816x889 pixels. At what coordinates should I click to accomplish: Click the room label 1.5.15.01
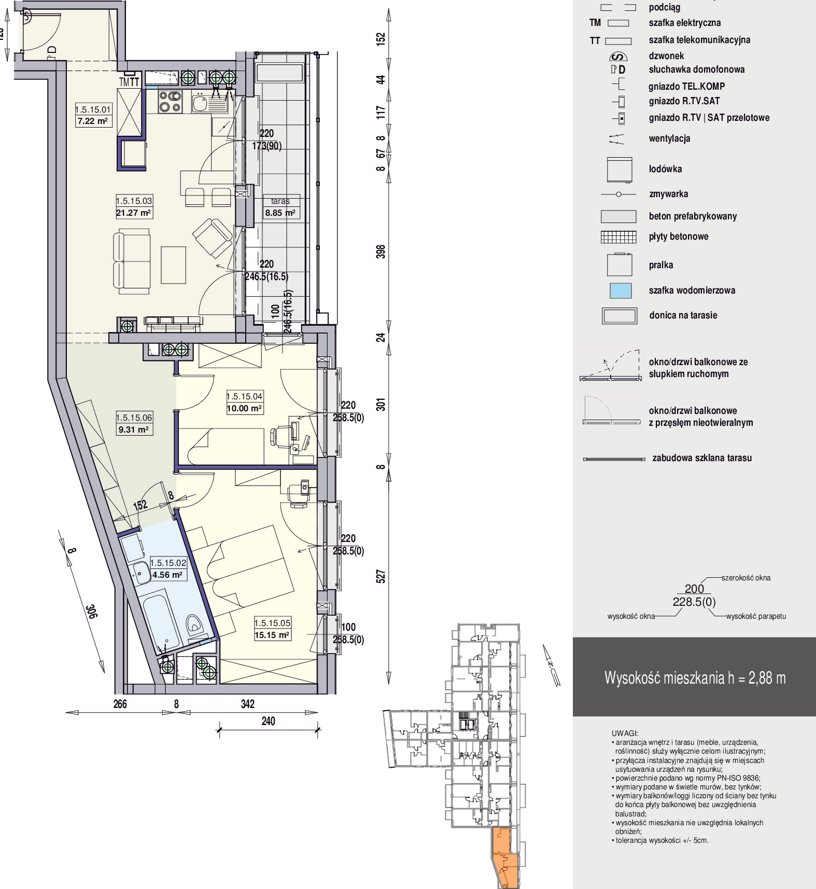[93, 109]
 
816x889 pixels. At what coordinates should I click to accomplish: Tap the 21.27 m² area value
[134, 213]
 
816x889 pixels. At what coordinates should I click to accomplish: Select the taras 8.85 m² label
[280, 207]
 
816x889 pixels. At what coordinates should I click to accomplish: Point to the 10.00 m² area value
[244, 408]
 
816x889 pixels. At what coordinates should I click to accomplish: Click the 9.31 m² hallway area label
[133, 429]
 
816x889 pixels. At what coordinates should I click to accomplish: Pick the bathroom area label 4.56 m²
[167, 575]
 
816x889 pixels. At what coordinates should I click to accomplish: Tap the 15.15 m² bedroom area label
[272, 635]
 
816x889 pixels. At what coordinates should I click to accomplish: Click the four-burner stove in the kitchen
[170, 101]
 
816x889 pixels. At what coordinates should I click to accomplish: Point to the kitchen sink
[200, 103]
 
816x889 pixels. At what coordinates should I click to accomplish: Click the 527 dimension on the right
[381, 576]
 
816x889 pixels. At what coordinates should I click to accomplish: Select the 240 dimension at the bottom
[268, 721]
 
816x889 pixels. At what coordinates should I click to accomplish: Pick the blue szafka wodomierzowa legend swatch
[621, 290]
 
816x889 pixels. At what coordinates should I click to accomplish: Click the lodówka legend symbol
[620, 170]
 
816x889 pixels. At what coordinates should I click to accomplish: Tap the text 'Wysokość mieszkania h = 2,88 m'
[695, 678]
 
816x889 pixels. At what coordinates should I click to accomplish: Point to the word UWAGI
[625, 733]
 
